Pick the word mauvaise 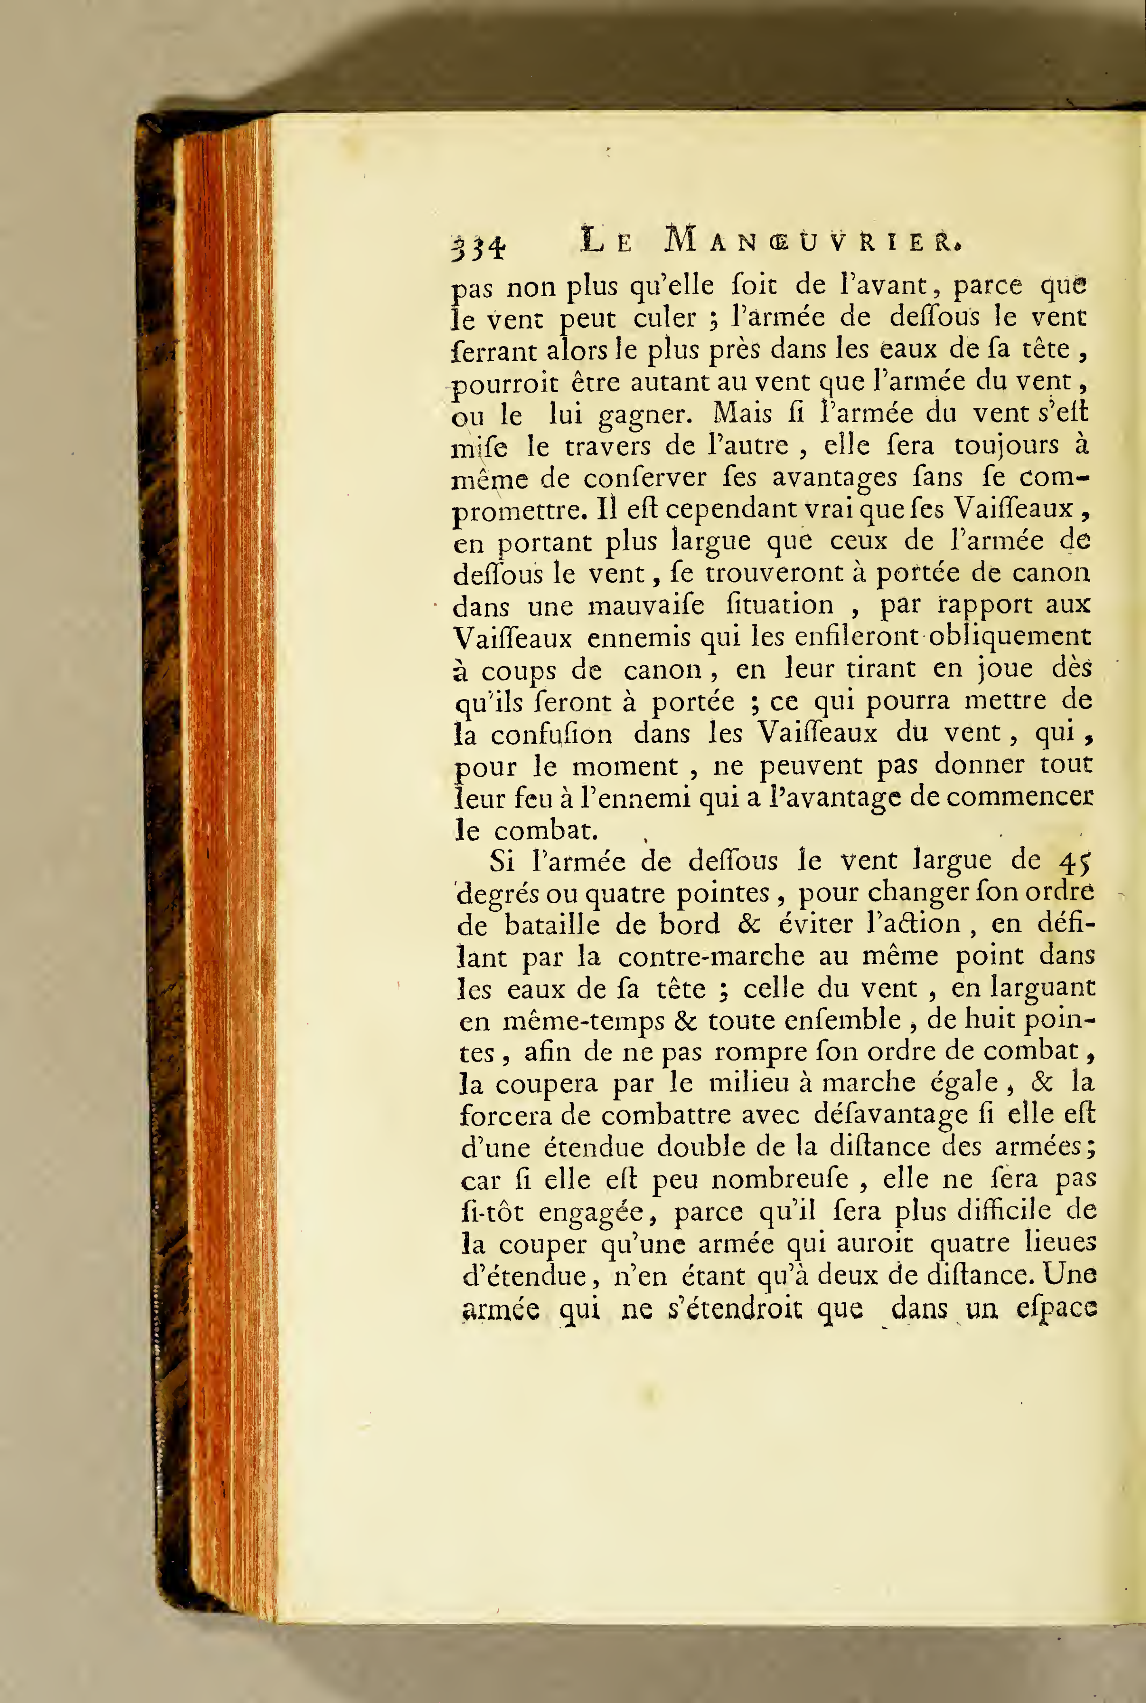pos(646,606)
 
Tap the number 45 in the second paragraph pos(1074,862)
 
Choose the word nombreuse pos(789,1179)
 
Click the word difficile pos(1003,1211)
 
